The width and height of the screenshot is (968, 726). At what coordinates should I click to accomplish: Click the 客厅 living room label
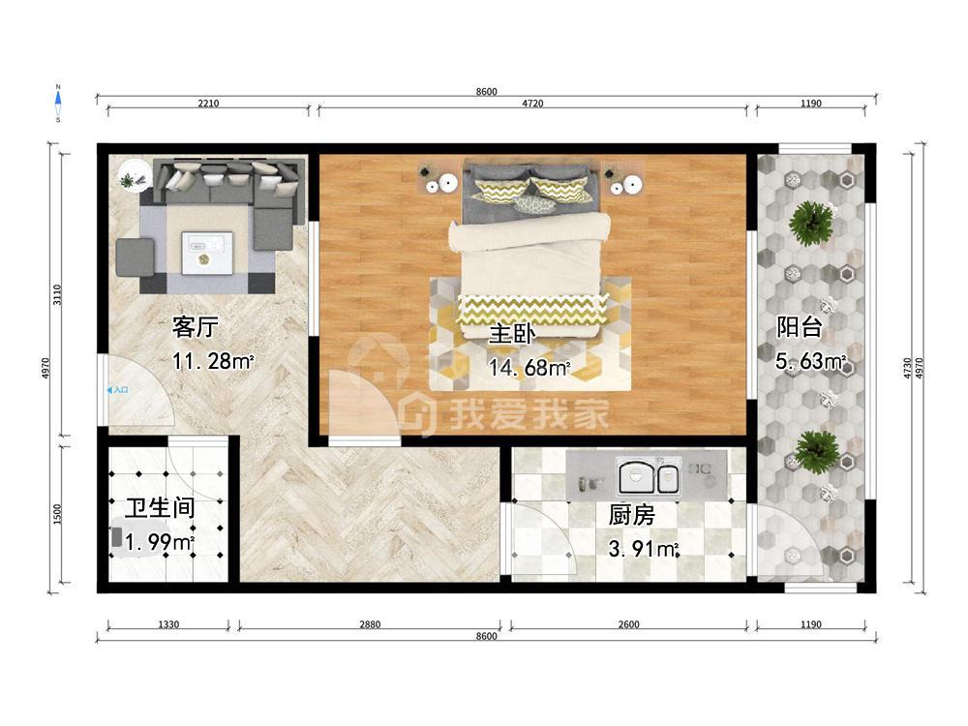pyautogui.click(x=196, y=327)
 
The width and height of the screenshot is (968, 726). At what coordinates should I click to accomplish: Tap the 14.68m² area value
pyautogui.click(x=529, y=368)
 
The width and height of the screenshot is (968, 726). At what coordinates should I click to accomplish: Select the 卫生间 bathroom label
pyautogui.click(x=160, y=508)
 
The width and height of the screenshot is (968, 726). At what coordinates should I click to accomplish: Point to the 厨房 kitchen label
pyautogui.click(x=631, y=514)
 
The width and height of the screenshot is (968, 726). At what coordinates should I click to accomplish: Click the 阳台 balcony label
pyautogui.click(x=800, y=326)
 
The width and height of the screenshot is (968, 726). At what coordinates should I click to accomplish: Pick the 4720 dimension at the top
pyautogui.click(x=532, y=104)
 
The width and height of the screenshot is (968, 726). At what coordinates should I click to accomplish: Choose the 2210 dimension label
pyautogui.click(x=208, y=104)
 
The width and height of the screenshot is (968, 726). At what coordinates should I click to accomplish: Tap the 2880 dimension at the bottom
pyautogui.click(x=370, y=624)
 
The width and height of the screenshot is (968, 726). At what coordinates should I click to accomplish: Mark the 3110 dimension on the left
pyautogui.click(x=57, y=295)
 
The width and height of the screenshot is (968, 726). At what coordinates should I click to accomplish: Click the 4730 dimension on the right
pyautogui.click(x=908, y=368)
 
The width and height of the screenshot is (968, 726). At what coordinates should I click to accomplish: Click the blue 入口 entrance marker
pyautogui.click(x=117, y=390)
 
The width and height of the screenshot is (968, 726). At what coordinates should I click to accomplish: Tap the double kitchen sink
pyautogui.click(x=649, y=477)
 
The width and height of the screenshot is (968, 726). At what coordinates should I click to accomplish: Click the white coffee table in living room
pyautogui.click(x=207, y=253)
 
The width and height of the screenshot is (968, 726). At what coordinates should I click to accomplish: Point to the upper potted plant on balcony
pyautogui.click(x=811, y=222)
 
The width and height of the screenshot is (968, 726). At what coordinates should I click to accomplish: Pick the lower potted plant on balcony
pyautogui.click(x=816, y=451)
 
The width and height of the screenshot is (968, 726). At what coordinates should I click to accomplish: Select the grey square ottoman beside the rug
pyautogui.click(x=136, y=257)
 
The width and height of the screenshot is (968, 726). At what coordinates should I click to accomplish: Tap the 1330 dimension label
pyautogui.click(x=167, y=624)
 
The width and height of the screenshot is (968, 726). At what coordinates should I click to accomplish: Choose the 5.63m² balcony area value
pyautogui.click(x=810, y=361)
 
